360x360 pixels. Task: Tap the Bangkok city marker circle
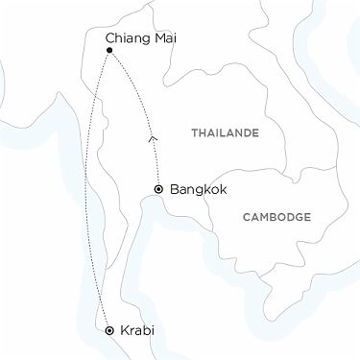(157, 190)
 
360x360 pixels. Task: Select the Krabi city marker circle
(108, 330)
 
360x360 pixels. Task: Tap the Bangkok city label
(198, 190)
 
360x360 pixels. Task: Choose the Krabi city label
(136, 330)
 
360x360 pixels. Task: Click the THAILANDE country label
(225, 133)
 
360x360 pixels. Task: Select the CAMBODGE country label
(276, 217)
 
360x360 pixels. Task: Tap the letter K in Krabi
(122, 330)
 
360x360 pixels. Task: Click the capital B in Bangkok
(173, 190)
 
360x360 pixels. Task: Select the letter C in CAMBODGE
(246, 217)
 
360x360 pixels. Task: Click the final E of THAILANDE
(256, 133)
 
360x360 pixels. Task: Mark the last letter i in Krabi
(152, 330)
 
